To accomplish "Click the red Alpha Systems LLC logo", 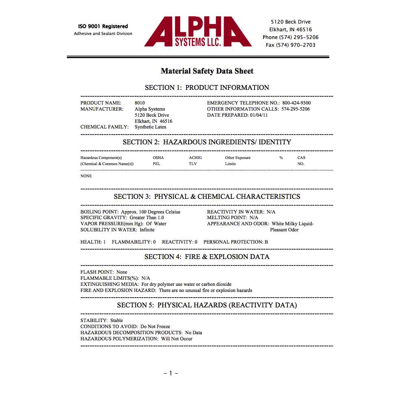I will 198,32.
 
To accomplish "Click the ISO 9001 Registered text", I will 103,26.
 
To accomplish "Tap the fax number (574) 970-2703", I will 291,45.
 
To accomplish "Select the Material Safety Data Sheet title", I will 207,71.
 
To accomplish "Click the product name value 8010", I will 139,103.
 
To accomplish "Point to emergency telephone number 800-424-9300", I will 296,103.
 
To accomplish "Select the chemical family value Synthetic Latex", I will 150,127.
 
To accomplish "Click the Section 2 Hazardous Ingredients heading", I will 207,142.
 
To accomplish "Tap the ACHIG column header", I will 195,158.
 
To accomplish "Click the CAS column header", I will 301,158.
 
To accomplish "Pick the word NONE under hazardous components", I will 86,176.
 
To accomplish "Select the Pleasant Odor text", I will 284,230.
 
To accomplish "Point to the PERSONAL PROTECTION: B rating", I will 236,242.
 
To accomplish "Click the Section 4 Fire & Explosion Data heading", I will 207,257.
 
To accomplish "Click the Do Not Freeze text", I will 155,327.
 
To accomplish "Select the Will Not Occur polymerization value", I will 177,339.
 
